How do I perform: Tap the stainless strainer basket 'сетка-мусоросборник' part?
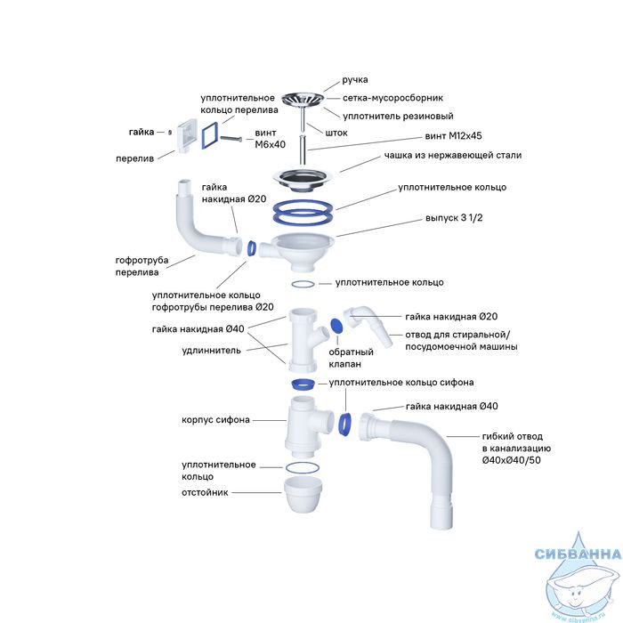(303, 98)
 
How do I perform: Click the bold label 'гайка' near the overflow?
(141, 132)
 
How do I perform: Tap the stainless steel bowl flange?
(303, 174)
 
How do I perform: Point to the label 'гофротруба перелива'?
(142, 265)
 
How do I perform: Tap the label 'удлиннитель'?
(211, 350)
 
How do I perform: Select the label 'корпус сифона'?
(215, 419)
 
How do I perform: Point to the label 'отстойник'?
(206, 492)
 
